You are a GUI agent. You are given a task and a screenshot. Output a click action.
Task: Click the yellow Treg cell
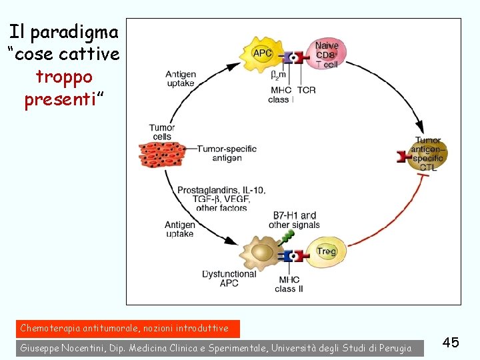[x=326, y=251]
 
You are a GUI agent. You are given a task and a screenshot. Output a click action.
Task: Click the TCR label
[x=307, y=90]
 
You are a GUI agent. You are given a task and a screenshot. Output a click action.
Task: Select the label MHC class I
[x=281, y=95]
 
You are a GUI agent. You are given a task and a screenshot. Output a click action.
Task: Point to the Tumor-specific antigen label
[x=227, y=153]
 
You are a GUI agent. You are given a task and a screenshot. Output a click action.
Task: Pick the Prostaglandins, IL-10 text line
[x=221, y=190]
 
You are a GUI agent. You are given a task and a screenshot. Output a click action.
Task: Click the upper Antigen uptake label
[x=180, y=78]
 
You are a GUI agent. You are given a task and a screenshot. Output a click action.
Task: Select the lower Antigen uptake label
[x=180, y=229]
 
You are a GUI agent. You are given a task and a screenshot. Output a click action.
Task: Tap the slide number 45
[x=451, y=342]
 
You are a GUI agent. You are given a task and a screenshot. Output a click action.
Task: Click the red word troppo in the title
[x=64, y=76]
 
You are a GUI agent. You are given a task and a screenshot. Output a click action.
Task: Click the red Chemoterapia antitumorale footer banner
[x=125, y=328]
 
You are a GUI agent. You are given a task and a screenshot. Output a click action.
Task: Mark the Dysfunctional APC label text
[x=229, y=278]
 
